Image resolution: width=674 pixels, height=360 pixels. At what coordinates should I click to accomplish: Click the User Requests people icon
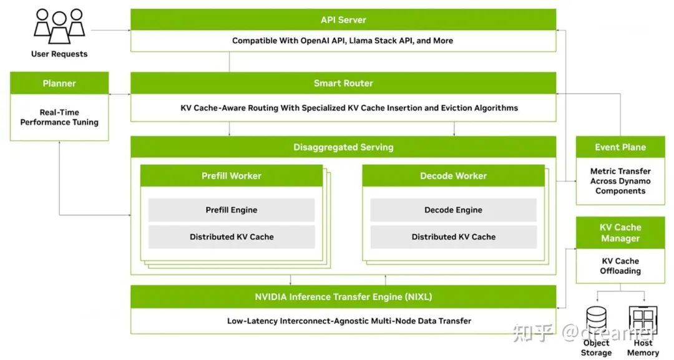coord(59,25)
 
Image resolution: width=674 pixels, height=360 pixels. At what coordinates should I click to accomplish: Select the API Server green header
coord(343,20)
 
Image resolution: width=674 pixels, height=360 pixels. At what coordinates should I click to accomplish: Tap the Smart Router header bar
coord(343,83)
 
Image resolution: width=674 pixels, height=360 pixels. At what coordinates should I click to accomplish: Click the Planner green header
coord(59,83)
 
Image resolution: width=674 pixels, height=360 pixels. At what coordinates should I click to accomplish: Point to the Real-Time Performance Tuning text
coord(59,117)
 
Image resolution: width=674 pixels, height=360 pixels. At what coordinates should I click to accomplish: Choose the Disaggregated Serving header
coord(343,147)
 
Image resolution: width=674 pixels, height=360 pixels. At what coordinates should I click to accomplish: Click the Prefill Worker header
coord(231,176)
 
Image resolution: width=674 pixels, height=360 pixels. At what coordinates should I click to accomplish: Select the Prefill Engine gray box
coord(231,210)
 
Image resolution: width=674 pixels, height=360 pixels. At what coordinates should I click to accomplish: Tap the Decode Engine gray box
coord(453,210)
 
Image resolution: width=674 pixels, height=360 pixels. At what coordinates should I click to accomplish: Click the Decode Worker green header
coord(453,176)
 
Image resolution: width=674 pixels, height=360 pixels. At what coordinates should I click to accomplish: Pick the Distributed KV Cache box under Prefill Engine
coord(231,237)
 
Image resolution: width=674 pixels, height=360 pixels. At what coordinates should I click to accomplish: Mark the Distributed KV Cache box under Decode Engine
coord(453,237)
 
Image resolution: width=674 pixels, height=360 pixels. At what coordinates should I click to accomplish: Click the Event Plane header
coord(620,147)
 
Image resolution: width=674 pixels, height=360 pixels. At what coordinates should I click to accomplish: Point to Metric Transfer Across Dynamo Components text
coord(620,181)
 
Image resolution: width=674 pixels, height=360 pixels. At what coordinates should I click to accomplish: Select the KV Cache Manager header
coord(620,233)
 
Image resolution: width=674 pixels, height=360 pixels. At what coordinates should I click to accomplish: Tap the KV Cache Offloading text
coord(620,266)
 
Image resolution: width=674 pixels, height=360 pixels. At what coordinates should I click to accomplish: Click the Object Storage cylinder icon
coord(596,321)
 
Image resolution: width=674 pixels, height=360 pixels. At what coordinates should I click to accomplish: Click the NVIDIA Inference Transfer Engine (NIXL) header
coord(343,296)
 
